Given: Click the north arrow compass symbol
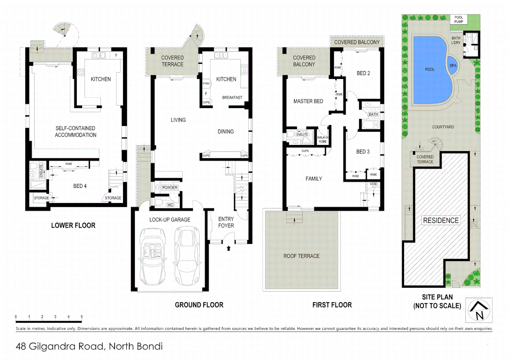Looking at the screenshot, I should pyautogui.click(x=479, y=310).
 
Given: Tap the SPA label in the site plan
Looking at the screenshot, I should pyautogui.click(x=453, y=66).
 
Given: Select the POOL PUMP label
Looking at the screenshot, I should pyautogui.click(x=459, y=20).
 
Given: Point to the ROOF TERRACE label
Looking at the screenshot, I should pyautogui.click(x=301, y=256).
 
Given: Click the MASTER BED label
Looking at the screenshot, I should pyautogui.click(x=308, y=101).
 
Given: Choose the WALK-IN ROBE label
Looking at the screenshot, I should pyautogui.click(x=323, y=139).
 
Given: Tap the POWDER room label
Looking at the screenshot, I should pyautogui.click(x=169, y=188).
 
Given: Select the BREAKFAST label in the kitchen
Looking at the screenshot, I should pyautogui.click(x=232, y=98).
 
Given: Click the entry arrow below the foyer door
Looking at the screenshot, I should pyautogui.click(x=228, y=248).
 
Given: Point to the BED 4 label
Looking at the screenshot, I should pyautogui.click(x=80, y=186).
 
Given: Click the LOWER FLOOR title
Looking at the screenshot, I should pyautogui.click(x=73, y=226).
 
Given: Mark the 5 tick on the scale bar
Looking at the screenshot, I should pyautogui.click(x=81, y=317).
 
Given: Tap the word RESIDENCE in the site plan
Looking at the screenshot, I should pyautogui.click(x=441, y=221).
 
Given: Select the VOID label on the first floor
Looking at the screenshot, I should pyautogui.click(x=373, y=184).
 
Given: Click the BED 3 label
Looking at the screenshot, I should pyautogui.click(x=363, y=152).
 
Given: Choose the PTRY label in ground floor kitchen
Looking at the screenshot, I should pyautogui.click(x=206, y=84).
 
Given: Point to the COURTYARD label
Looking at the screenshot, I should pyautogui.click(x=443, y=127).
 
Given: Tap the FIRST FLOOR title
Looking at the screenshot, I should pyautogui.click(x=332, y=305).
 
